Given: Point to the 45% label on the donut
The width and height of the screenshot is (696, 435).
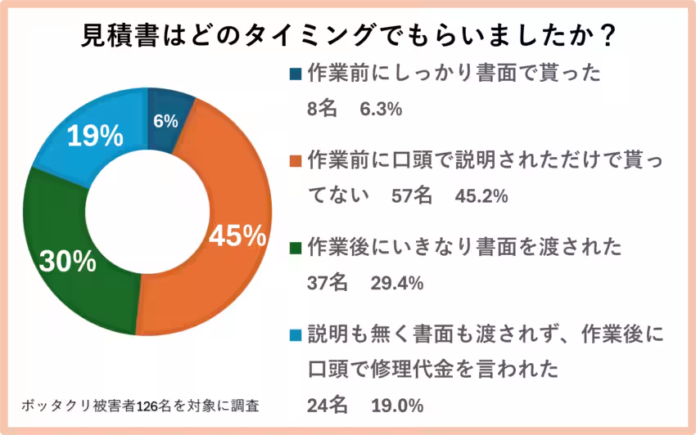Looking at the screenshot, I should [x=237, y=236].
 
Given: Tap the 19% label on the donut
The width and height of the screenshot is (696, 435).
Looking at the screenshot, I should [x=94, y=137].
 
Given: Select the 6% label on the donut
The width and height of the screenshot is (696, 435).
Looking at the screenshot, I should [x=165, y=121].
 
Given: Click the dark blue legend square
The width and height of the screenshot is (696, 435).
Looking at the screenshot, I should [x=296, y=74].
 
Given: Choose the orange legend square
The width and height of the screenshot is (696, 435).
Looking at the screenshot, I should [x=296, y=161].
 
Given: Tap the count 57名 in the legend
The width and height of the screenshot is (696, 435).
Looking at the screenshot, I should [x=411, y=196].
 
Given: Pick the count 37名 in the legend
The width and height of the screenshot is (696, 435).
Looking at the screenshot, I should [x=328, y=283].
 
